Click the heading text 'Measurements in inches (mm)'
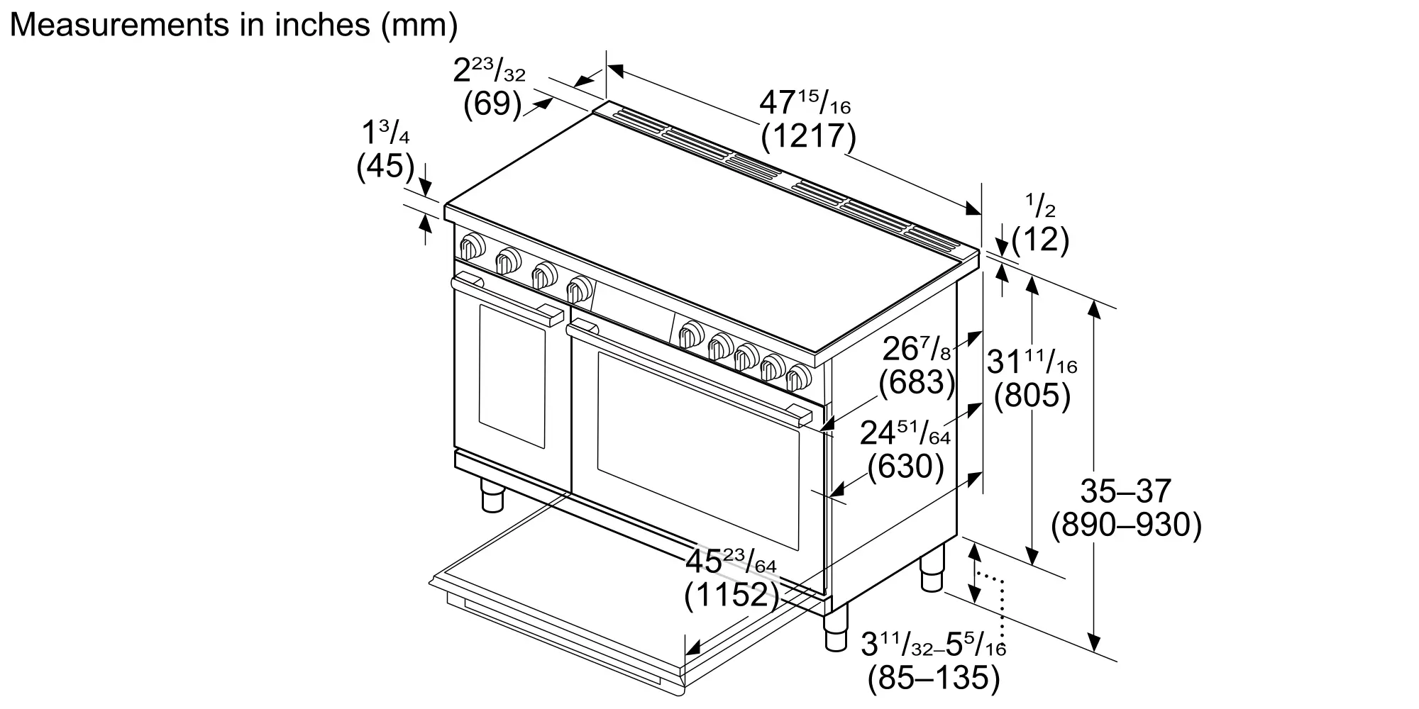[233, 26]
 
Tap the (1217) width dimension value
[808, 136]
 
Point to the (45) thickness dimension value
[385, 166]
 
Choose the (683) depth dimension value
[917, 382]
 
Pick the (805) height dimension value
[1032, 396]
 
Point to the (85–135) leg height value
[934, 678]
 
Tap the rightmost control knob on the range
[799, 377]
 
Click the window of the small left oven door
[512, 376]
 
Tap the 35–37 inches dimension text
[1125, 491]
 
